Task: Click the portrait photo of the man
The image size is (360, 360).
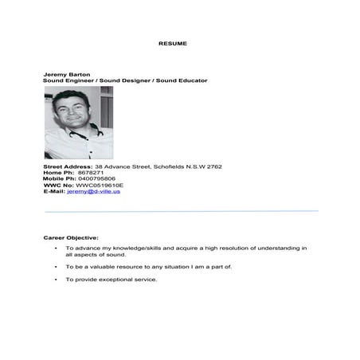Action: click(x=79, y=123)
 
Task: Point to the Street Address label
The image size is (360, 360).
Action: click(x=68, y=166)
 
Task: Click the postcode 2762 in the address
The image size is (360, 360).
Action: click(x=214, y=166)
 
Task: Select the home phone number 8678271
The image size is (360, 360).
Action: click(x=90, y=173)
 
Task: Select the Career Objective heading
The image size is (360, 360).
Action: click(x=71, y=237)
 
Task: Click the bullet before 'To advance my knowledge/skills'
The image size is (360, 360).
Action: click(x=55, y=248)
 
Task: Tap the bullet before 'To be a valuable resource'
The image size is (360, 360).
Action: click(x=55, y=267)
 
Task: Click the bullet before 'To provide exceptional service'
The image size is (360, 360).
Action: click(x=55, y=280)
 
